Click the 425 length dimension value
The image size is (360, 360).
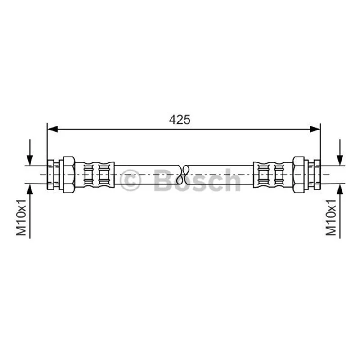pyautogui.click(x=180, y=120)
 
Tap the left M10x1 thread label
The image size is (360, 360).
pyautogui.click(x=21, y=217)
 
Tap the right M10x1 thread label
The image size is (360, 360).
pyautogui.click(x=331, y=217)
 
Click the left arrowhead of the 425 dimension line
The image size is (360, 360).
pyautogui.click(x=52, y=129)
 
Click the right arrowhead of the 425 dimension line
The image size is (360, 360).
pyautogui.click(x=315, y=129)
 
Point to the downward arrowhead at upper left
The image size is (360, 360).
pyautogui.click(x=30, y=160)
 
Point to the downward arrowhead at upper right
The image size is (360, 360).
pyautogui.click(x=340, y=160)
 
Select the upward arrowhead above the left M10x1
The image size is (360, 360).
pyautogui.click(x=30, y=189)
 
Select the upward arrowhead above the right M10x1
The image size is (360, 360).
pyautogui.click(x=340, y=189)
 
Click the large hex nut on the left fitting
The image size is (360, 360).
pyautogui.click(x=69, y=175)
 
